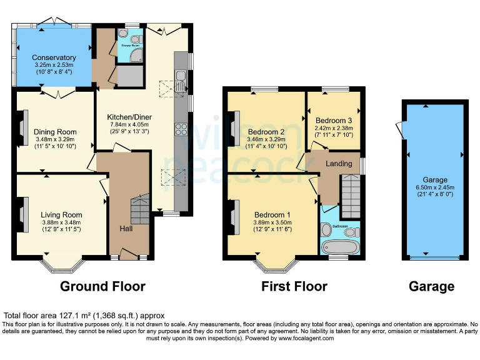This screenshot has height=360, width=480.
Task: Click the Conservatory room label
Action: coord(53,58)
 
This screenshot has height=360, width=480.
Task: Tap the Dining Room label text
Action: coord(55,132)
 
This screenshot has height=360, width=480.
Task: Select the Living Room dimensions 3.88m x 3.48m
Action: coord(62,222)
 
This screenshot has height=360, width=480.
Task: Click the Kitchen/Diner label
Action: coord(129,117)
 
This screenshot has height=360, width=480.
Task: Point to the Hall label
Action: coord(126,229)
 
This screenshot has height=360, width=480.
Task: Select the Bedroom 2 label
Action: coord(266,132)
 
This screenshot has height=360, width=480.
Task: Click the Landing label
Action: coord(339,164)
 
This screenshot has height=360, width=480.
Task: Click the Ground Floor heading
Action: coord(102,287)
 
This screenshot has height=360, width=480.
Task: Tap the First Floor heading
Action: coord(294,287)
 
